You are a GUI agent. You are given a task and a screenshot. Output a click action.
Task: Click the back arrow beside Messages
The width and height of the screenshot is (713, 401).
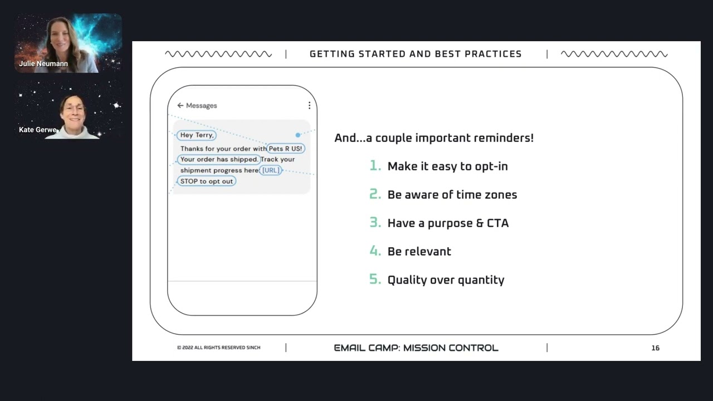(180, 105)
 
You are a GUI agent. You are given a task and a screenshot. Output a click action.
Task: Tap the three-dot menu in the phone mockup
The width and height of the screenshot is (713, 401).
(309, 105)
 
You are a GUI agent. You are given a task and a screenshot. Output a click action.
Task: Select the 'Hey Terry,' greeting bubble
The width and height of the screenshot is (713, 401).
(197, 135)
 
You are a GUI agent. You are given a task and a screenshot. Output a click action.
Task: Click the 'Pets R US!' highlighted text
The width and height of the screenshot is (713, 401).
(286, 149)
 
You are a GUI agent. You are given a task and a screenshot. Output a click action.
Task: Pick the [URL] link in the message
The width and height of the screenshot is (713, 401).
(271, 170)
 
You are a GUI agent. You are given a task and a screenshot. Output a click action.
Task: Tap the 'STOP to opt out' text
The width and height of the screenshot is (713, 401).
(207, 181)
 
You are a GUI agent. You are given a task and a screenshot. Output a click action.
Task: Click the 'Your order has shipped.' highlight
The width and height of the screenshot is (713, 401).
(219, 159)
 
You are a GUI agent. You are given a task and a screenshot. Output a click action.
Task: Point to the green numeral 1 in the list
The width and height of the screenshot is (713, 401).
(375, 165)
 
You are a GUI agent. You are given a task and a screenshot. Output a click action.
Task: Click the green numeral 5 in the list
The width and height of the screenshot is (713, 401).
(375, 279)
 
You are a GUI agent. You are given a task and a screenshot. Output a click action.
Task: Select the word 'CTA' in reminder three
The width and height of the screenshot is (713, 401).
(498, 223)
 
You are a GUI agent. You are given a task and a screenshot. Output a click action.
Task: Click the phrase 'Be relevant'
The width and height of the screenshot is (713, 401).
(419, 251)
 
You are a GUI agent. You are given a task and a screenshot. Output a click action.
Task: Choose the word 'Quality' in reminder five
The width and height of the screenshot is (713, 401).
(407, 280)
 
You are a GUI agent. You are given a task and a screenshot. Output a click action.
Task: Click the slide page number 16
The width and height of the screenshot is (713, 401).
(656, 348)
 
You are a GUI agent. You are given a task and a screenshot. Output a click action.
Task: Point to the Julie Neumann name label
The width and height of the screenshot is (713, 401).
(43, 63)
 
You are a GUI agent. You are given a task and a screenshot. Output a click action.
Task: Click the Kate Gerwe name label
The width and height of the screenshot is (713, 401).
(37, 130)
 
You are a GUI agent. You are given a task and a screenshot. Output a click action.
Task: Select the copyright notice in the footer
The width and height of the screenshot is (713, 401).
(219, 348)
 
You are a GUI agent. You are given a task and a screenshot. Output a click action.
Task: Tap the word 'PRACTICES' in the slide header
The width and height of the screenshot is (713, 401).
(493, 54)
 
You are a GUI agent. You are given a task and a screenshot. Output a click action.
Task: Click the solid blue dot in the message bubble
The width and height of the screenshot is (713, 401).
(298, 135)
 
